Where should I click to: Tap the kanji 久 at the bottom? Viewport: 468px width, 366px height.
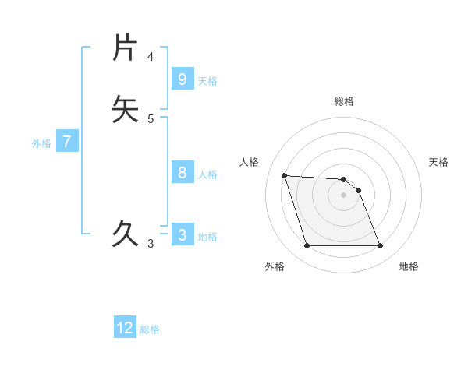coord(126,233)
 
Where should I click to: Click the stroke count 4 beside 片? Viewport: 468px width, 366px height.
coord(151,57)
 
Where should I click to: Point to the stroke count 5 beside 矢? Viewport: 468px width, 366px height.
coord(151,119)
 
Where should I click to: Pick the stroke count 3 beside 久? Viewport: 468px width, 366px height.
coord(151,244)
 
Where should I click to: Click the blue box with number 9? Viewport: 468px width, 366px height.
coord(182,79)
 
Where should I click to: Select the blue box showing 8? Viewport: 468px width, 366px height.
coord(182,173)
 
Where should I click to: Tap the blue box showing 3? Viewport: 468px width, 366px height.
coord(182,234)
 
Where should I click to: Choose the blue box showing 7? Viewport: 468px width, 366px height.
coord(67,142)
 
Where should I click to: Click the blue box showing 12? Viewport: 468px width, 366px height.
coord(125,328)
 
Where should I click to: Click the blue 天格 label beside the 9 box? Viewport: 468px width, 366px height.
coord(207,81)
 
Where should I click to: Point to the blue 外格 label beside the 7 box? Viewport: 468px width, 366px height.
coord(41,144)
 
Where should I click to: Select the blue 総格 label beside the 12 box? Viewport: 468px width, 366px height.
coord(150,330)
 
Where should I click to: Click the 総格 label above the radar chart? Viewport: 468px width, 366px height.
coord(344,101)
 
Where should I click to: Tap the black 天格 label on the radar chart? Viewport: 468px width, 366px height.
coord(439,162)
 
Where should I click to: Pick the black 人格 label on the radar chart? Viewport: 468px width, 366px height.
coord(249,162)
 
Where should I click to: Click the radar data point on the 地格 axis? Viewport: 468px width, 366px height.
coord(381,246)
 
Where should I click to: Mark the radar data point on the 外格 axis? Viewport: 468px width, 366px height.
coord(307,246)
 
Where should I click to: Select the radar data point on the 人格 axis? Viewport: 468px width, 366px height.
coord(284,176)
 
